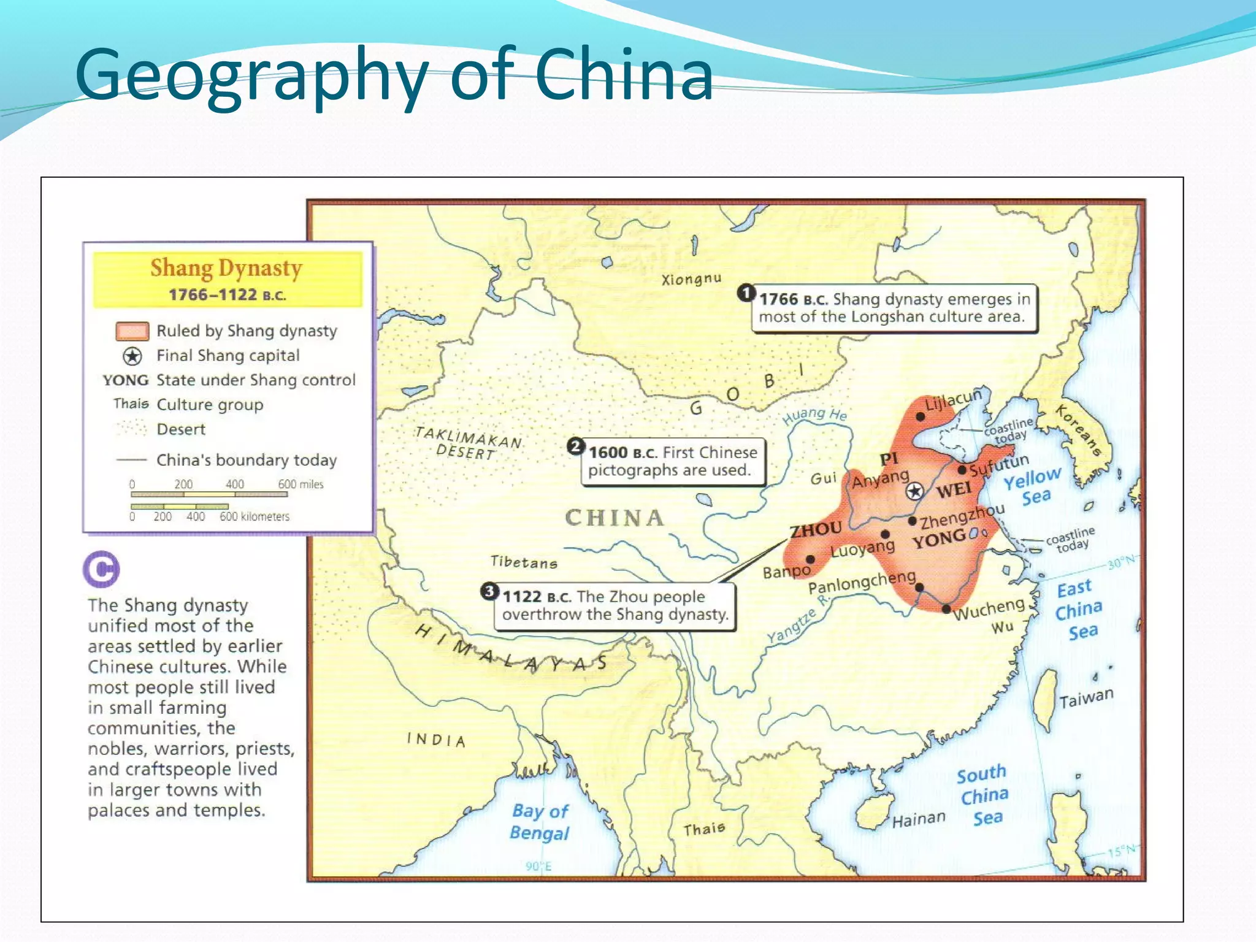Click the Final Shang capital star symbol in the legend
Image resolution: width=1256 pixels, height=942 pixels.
(x=132, y=356)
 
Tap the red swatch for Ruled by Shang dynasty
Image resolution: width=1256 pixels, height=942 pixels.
(x=132, y=331)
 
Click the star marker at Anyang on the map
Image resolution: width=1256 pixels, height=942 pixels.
(x=914, y=491)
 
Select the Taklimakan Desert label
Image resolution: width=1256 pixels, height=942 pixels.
(x=467, y=443)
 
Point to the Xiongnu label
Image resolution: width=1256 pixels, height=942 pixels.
(x=691, y=280)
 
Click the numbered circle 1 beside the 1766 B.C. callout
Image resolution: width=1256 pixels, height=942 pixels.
(x=746, y=293)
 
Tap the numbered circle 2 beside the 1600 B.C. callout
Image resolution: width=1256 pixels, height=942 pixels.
(x=575, y=446)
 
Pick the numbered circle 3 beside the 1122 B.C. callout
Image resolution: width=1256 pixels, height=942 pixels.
(x=489, y=591)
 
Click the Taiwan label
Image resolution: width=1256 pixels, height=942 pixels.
(x=1086, y=698)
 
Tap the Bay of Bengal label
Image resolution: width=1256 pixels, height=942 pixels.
(x=540, y=822)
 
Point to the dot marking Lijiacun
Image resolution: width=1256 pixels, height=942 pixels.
(x=920, y=416)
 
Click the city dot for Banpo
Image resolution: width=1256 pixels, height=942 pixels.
(x=810, y=559)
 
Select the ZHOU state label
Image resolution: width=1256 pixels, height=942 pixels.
(x=815, y=529)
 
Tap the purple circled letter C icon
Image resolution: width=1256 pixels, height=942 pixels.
(x=101, y=569)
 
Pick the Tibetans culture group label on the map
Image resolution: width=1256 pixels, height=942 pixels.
(x=524, y=562)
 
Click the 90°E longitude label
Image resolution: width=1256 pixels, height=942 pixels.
(x=538, y=866)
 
